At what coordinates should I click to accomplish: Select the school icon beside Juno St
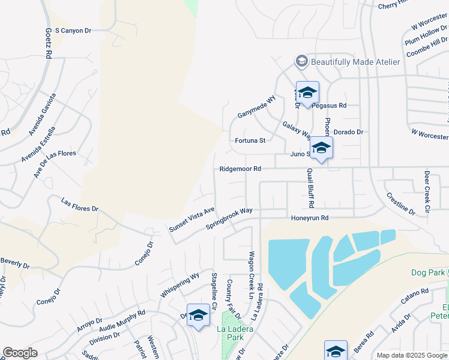point(321,148)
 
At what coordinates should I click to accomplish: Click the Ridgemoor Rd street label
point(241,169)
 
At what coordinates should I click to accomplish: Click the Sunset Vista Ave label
point(191,220)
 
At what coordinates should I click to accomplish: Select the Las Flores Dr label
point(79,205)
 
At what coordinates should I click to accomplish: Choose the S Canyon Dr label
point(73,30)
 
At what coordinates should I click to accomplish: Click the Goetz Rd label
point(47,42)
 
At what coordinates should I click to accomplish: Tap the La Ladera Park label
point(235,334)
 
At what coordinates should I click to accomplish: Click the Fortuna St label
point(250,141)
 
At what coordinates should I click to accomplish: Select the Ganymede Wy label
point(256,106)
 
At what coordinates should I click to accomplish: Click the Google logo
point(20,353)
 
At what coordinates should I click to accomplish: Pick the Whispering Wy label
point(179,286)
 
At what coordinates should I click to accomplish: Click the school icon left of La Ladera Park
point(198,316)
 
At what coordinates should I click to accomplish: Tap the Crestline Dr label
point(400,204)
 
